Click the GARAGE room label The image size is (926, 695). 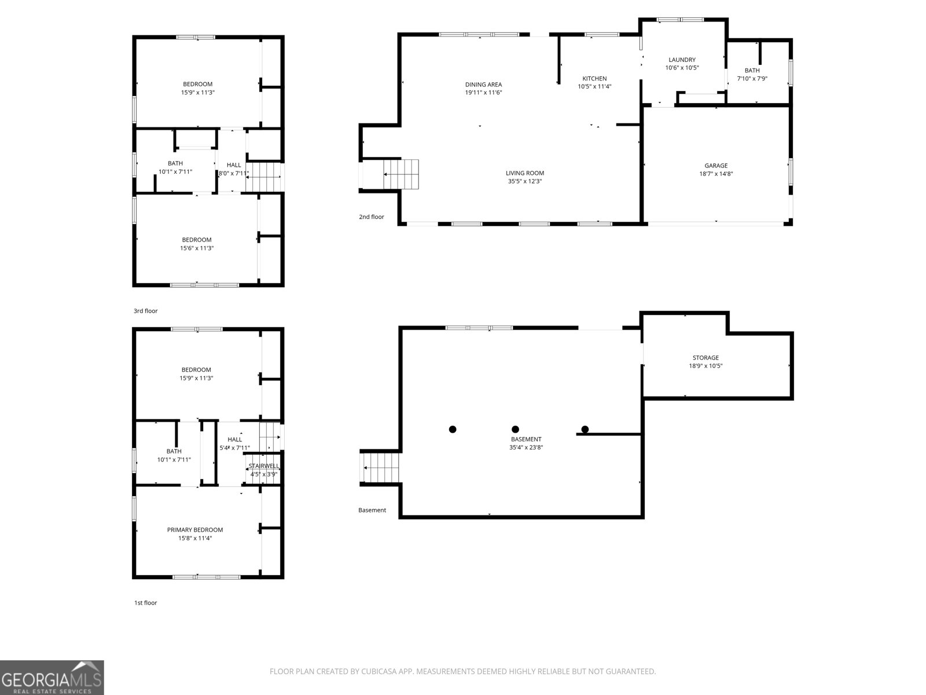point(716,166)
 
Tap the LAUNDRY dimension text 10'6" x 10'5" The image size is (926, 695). point(682,68)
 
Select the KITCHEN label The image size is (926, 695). point(594,79)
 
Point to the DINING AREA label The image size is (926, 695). point(483,85)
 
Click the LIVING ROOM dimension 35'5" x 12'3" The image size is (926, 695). point(525,181)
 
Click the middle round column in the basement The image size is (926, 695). point(515,429)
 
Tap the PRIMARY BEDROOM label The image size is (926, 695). point(195,530)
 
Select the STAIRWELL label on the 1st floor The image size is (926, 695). point(264,466)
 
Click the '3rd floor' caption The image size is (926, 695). point(145,311)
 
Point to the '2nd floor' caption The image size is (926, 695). point(371,217)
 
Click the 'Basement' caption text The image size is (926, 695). point(372,510)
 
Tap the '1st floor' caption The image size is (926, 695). point(145,603)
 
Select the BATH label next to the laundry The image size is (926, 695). point(752,71)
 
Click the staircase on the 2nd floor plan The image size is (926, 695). point(400,174)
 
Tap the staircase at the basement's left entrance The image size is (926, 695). point(381,467)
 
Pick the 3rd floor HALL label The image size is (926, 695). point(234,165)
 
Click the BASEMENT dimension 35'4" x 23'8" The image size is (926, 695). point(526,447)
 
